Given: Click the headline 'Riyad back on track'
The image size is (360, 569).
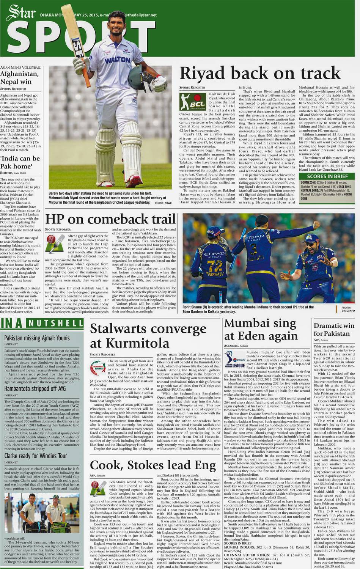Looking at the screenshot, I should point(260,73).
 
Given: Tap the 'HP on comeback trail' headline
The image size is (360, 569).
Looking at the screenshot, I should point(110,219).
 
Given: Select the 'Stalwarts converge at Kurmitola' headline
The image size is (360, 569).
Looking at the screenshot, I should point(148,335).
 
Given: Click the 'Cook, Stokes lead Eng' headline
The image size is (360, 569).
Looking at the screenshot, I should point(153,465).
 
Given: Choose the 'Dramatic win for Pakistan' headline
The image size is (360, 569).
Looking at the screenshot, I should point(334,329).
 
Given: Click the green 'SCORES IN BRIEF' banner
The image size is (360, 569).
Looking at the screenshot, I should point(327,176).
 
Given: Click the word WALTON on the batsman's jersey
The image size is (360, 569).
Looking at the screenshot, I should point(117,60).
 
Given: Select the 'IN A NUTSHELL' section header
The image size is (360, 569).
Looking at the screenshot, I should point(42,323).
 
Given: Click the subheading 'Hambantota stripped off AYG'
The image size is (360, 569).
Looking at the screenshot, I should point(35,389).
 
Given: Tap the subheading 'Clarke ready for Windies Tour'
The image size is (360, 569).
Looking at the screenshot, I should point(36,456).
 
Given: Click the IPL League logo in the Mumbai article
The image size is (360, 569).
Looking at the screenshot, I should point(234,360).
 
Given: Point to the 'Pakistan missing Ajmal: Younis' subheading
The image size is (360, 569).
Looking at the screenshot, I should point(37,338).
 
